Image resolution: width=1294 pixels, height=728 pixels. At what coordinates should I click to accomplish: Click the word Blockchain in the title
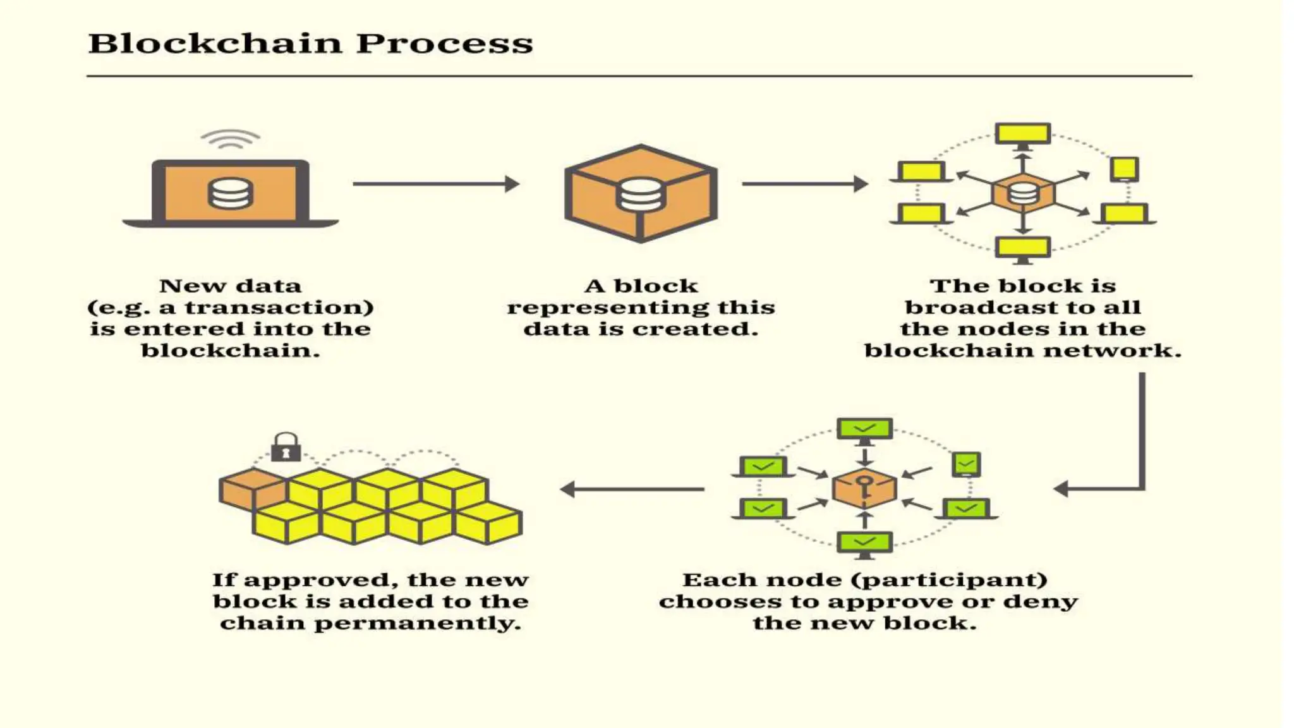click(215, 44)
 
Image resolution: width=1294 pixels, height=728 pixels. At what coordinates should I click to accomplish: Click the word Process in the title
click(444, 44)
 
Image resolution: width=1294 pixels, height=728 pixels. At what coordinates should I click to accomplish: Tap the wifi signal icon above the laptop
click(230, 139)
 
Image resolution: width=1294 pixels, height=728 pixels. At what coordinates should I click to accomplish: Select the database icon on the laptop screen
click(231, 193)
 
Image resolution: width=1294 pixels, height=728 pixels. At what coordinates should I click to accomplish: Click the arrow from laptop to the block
click(436, 184)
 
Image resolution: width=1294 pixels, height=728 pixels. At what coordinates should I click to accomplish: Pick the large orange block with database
click(641, 193)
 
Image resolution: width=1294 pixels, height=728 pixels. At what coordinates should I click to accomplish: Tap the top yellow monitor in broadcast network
click(1022, 134)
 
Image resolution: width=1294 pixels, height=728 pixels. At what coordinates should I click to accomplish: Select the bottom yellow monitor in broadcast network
click(1022, 247)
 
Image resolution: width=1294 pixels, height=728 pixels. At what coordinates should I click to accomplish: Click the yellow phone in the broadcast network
click(1125, 169)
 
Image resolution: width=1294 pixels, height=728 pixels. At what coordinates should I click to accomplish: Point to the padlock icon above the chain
click(286, 447)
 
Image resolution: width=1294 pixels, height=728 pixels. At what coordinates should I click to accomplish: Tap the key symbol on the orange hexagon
click(864, 487)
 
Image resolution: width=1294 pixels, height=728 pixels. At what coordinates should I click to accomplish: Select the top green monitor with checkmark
click(864, 428)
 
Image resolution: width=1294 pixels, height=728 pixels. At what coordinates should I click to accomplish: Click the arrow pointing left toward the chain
click(632, 489)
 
